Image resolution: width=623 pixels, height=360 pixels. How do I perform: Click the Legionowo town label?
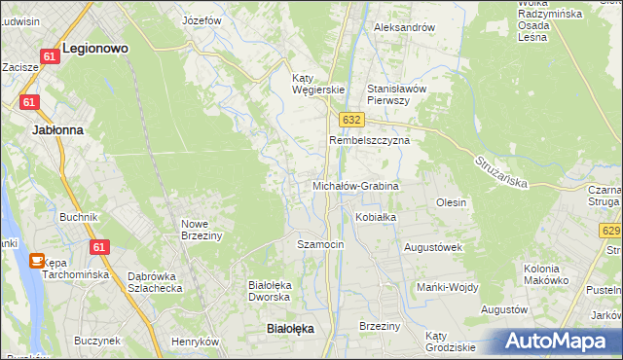click(95, 47)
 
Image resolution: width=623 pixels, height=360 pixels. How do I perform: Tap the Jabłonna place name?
click(57, 129)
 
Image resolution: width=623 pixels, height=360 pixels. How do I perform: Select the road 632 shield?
click(352, 119)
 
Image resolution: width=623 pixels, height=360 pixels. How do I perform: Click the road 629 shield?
click(610, 231)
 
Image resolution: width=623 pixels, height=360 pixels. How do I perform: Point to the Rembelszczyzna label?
click(370, 140)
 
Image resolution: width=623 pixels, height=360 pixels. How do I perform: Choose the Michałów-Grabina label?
click(355, 185)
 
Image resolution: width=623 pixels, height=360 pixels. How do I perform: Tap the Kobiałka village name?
click(376, 217)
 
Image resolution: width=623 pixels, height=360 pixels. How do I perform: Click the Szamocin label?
click(320, 244)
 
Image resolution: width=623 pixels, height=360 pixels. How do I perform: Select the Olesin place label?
click(452, 202)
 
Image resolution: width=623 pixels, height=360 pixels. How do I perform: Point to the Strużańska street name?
click(501, 171)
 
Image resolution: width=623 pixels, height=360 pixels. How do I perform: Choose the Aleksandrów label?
click(404, 27)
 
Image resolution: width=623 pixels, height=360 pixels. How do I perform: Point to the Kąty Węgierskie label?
click(319, 84)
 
